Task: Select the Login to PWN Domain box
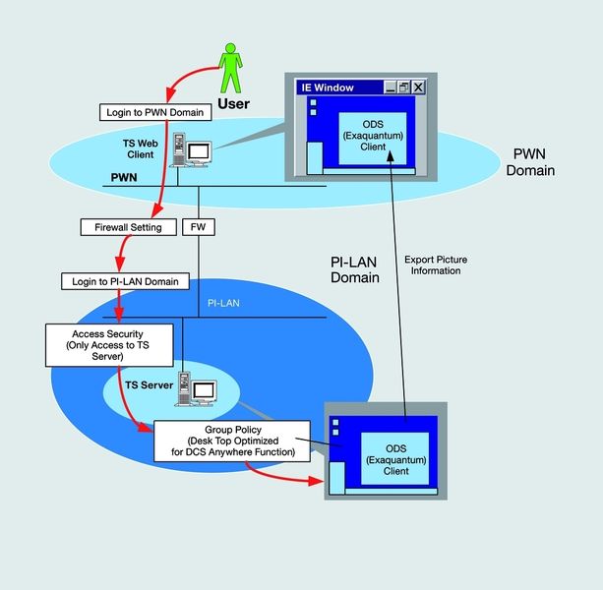tap(166, 113)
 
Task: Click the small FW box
tap(199, 227)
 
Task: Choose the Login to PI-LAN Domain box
tap(124, 281)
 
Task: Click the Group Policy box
tap(232, 441)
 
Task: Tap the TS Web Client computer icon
tap(191, 152)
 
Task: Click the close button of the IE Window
tap(419, 88)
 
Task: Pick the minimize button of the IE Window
tap(390, 88)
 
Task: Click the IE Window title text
tap(329, 88)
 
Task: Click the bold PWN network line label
tap(122, 179)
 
